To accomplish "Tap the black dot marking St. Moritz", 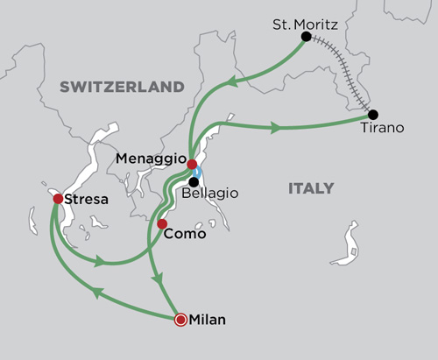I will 306,37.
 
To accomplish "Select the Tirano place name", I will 384,129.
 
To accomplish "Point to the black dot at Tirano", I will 373,115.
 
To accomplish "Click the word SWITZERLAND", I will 122,87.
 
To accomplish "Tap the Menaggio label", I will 151,158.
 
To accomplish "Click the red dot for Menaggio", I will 192,163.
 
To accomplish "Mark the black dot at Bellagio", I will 193,182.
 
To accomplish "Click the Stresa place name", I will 86,200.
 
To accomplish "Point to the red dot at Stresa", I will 58,199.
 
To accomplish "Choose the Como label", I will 185,234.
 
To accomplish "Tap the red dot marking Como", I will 162,224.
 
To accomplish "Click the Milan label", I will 208,320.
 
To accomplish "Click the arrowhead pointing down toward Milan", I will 158,279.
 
